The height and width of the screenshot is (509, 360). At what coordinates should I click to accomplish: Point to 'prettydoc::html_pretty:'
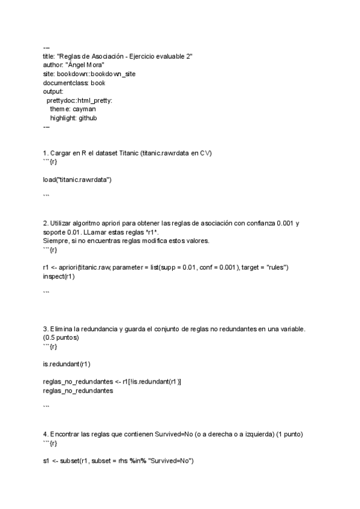click(79, 101)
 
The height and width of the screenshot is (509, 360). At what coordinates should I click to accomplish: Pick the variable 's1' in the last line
click(47, 461)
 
